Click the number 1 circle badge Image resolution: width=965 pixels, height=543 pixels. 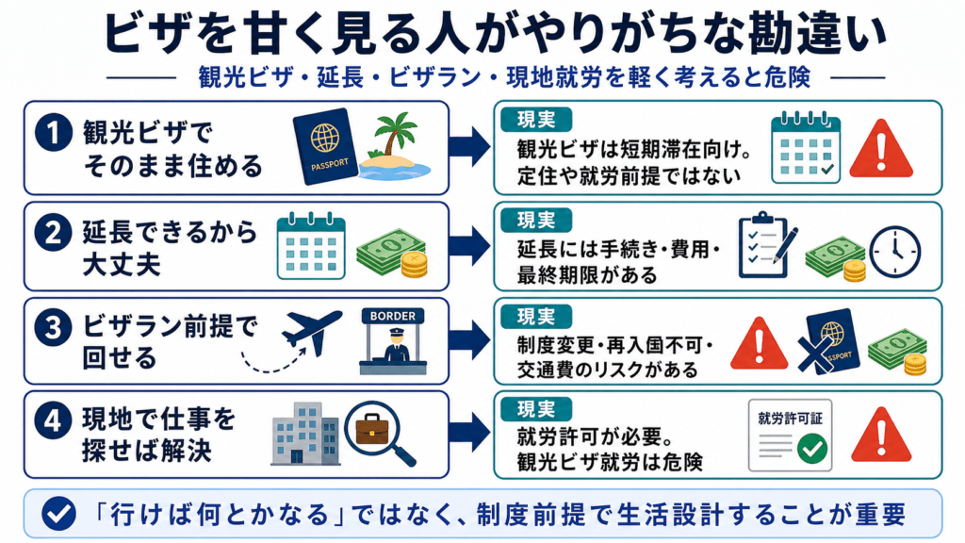pyautogui.click(x=54, y=132)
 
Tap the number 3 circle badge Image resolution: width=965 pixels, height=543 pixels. pyautogui.click(x=54, y=328)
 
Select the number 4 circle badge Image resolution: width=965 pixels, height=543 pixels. pyautogui.click(x=54, y=421)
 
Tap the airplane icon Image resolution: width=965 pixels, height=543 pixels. pyautogui.click(x=311, y=332)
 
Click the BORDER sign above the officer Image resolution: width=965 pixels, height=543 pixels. pyautogui.click(x=393, y=316)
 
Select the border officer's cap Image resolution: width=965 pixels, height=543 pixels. pyautogui.click(x=393, y=333)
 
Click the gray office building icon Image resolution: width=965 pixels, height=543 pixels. pyautogui.click(x=306, y=434)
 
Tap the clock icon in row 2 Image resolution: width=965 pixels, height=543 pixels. pyautogui.click(x=895, y=252)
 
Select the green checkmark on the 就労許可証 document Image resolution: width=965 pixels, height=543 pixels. pyautogui.click(x=812, y=448)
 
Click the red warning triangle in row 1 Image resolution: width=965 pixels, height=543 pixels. pyautogui.click(x=881, y=149)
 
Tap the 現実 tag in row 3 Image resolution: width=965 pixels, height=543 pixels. pyautogui.click(x=536, y=317)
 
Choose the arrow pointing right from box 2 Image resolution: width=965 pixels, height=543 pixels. pyautogui.click(x=469, y=246)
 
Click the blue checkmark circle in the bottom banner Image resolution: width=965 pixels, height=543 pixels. pyautogui.click(x=59, y=514)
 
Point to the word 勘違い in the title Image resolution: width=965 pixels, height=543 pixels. pyautogui.click(x=817, y=33)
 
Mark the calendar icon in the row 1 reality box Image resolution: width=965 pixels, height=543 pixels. pyautogui.click(x=806, y=147)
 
